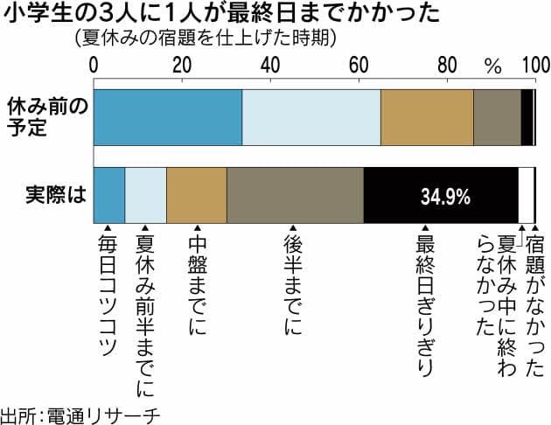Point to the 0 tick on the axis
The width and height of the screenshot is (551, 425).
pyautogui.click(x=94, y=64)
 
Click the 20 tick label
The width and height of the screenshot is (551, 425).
pyautogui.click(x=181, y=64)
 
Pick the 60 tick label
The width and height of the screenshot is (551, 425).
pyautogui.click(x=358, y=64)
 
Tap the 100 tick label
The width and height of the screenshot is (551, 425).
pyautogui.click(x=534, y=64)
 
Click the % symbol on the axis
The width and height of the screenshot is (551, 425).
pyautogui.click(x=494, y=65)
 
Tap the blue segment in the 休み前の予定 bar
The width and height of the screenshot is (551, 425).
pyautogui.click(x=167, y=117)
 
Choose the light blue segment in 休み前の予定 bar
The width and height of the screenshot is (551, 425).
pyautogui.click(x=310, y=117)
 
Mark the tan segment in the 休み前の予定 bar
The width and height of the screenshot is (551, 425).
pyautogui.click(x=426, y=117)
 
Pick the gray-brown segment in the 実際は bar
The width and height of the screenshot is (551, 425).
pyautogui.click(x=295, y=196)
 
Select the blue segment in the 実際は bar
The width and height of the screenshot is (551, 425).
pyautogui.click(x=109, y=196)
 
